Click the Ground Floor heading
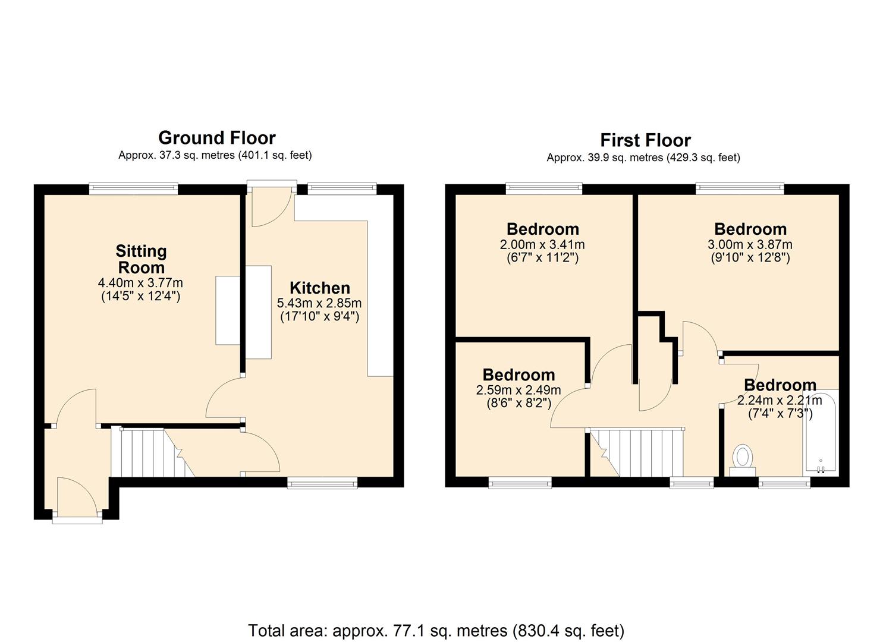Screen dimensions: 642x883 tap(216, 138)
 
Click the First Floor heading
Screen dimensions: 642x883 tap(645, 140)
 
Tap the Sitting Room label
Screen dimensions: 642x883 tap(141, 259)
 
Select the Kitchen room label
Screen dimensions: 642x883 tap(319, 288)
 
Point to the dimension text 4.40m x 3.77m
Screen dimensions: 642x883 tap(141, 282)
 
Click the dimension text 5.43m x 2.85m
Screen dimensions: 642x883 tap(319, 303)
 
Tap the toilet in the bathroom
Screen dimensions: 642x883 tap(742, 459)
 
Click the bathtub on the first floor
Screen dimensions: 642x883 tap(820, 431)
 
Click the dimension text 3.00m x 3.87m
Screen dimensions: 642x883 tap(750, 244)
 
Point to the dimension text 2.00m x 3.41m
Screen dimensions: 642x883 tap(542, 244)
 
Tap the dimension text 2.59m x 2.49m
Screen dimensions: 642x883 tap(518, 390)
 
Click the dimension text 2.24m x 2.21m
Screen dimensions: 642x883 tap(780, 400)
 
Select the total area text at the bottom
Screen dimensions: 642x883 tap(436, 630)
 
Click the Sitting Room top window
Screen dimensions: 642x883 tap(134, 188)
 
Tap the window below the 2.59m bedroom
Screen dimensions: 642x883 tap(520, 483)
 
